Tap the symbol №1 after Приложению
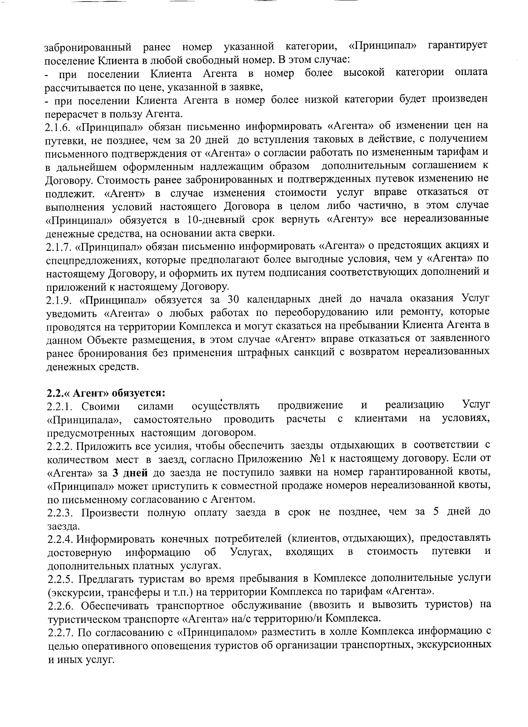318,459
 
